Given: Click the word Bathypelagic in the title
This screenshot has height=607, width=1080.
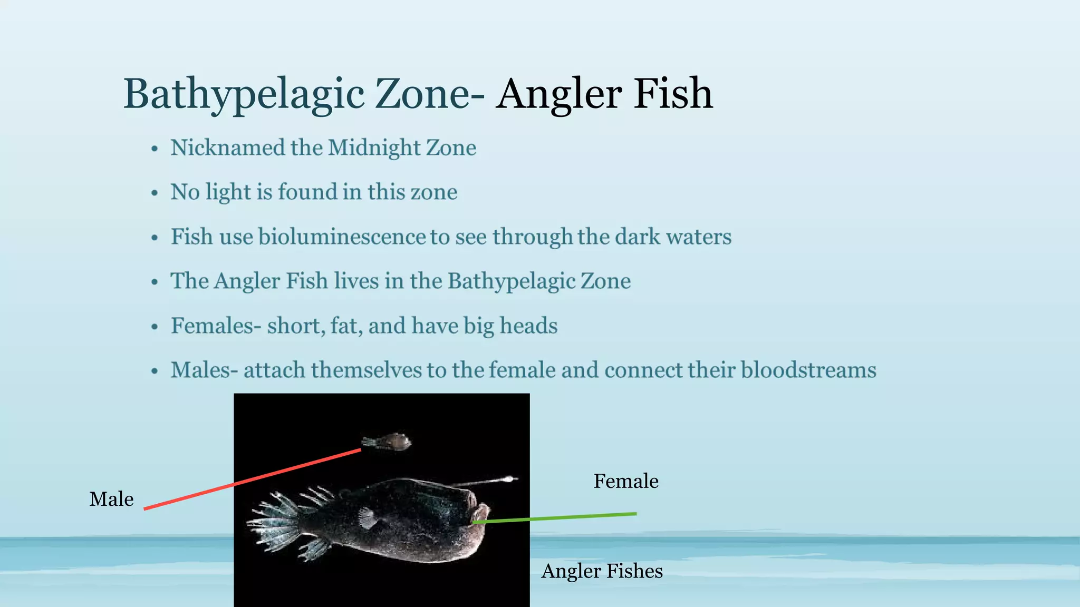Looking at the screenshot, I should pyautogui.click(x=244, y=94).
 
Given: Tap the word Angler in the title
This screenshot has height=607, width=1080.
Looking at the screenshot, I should pyautogui.click(x=559, y=94).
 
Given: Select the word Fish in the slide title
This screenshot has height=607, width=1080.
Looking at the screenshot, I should pyautogui.click(x=673, y=94).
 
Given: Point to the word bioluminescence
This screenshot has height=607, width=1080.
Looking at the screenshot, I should pyautogui.click(x=342, y=237).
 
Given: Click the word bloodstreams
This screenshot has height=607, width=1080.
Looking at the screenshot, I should pyautogui.click(x=808, y=370).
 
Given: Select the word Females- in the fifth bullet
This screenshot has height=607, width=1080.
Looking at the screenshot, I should pyautogui.click(x=216, y=326).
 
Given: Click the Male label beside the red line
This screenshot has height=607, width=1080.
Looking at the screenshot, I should pyautogui.click(x=111, y=499).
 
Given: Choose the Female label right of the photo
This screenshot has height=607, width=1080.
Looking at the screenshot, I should pyautogui.click(x=626, y=481).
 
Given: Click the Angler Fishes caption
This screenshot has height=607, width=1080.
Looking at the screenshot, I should pyautogui.click(x=602, y=571).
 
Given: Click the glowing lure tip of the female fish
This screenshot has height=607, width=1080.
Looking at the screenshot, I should pyautogui.click(x=510, y=479).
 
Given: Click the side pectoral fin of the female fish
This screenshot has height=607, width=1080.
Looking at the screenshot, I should pyautogui.click(x=367, y=518).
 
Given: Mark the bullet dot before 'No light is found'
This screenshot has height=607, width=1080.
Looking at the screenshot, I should pyautogui.click(x=155, y=193).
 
